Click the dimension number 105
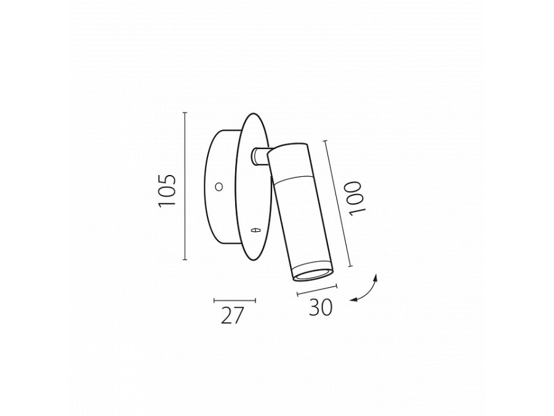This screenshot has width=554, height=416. pos(167,190)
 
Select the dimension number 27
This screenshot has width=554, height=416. pos(233,316)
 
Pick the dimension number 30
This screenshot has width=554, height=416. pos(321,307)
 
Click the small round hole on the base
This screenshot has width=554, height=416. pos(219,186)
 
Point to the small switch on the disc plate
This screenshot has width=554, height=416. pos(255,230)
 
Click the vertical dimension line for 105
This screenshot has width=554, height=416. pos(185,186)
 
